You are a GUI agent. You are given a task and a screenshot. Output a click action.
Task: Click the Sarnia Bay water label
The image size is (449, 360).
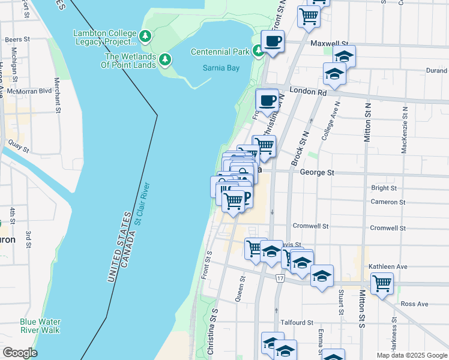click(221, 68)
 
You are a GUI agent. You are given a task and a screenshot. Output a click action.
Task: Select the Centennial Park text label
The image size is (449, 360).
click(220, 52)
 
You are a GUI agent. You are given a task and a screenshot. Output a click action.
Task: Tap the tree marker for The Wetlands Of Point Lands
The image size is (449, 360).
click(165, 60)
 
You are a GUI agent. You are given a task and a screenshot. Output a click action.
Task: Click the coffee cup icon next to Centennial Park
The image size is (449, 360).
click(273, 42)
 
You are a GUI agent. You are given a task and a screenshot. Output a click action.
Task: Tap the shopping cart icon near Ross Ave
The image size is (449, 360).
click(382, 283)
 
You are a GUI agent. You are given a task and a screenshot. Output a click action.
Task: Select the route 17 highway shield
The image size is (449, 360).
click(280, 278)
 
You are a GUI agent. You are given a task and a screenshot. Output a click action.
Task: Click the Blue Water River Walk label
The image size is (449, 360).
click(40, 326)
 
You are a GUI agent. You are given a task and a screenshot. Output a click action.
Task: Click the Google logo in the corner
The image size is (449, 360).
click(20, 352)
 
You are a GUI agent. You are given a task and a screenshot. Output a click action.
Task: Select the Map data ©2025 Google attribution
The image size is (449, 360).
click(411, 355)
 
